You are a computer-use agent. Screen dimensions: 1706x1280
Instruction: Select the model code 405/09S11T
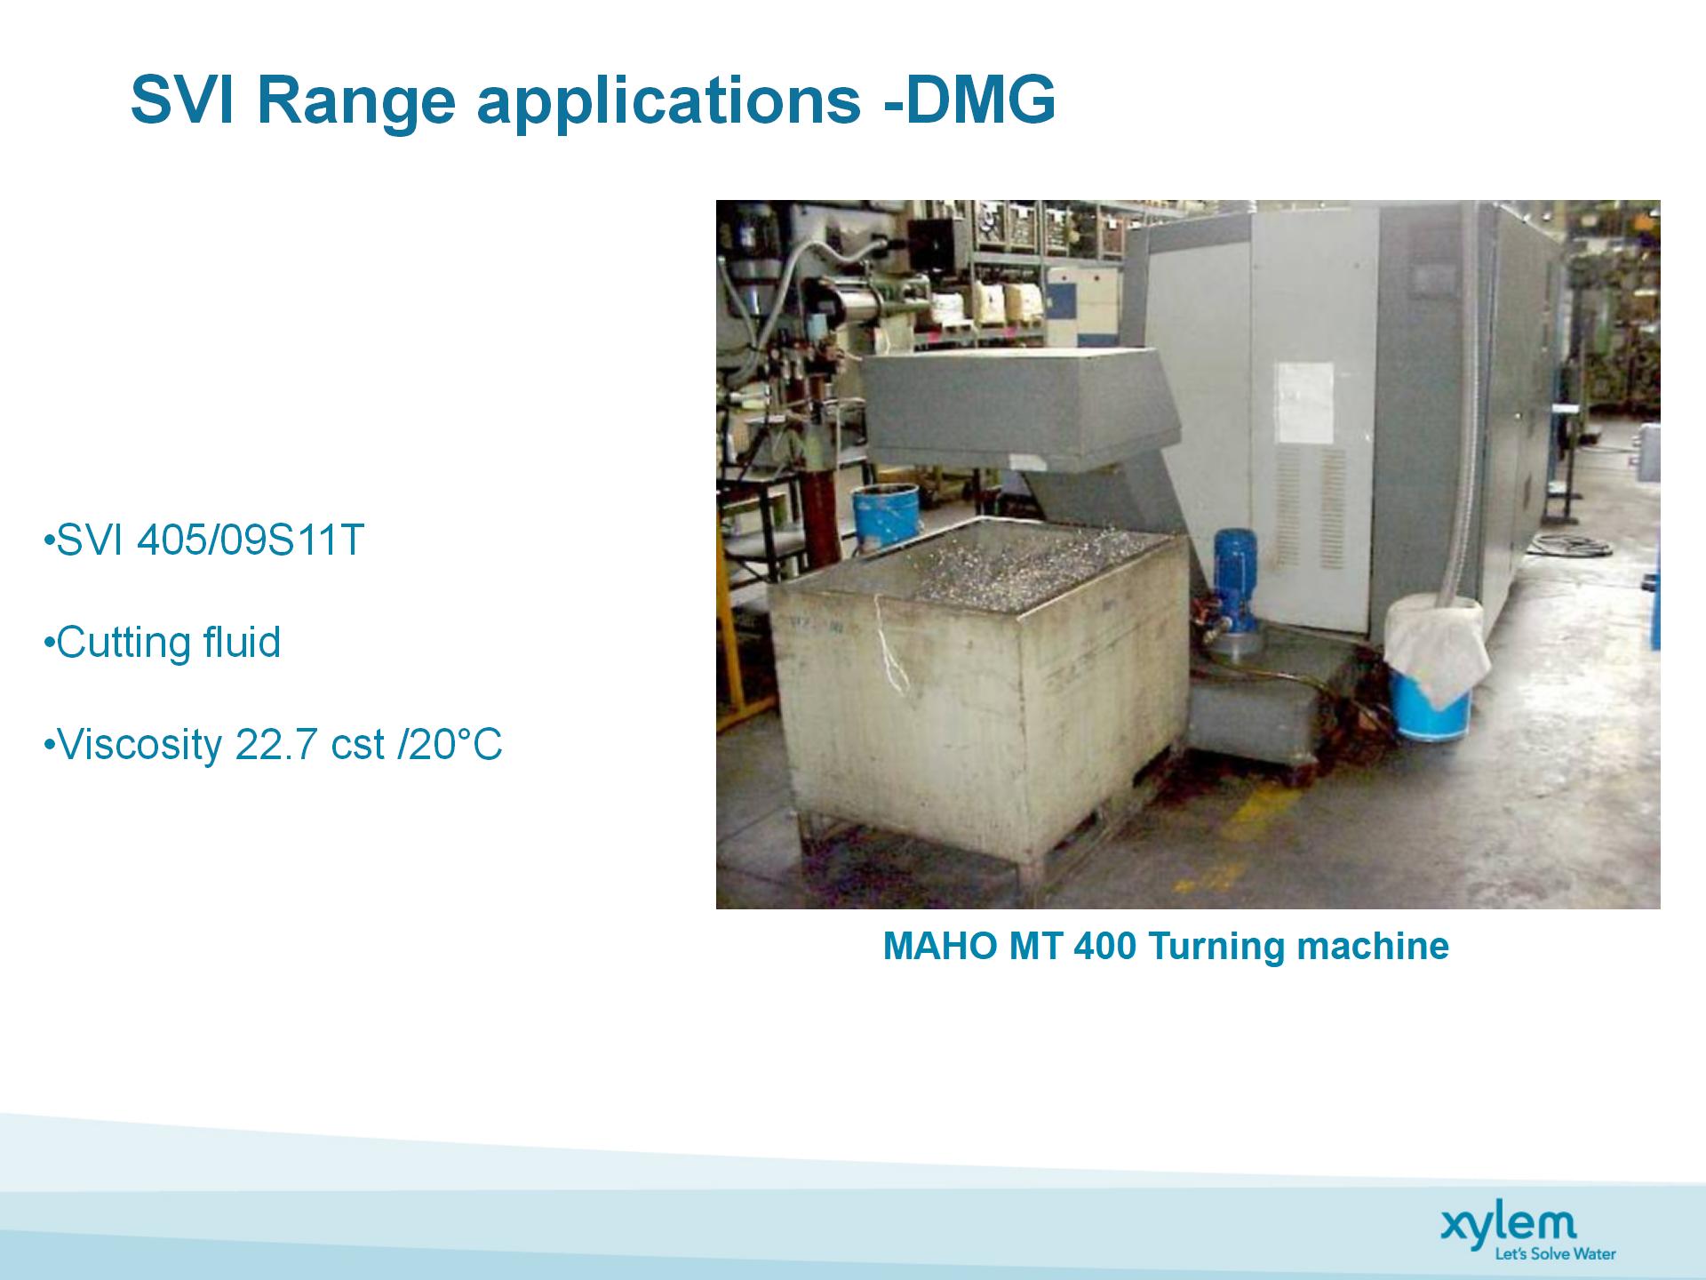[x=251, y=540]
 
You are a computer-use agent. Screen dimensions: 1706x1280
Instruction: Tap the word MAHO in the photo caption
[x=940, y=946]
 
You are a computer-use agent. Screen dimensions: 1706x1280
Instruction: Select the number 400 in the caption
[x=1104, y=946]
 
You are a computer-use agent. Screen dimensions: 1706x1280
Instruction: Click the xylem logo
[x=1509, y=1224]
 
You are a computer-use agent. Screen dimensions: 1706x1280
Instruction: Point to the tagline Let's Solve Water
[x=1555, y=1254]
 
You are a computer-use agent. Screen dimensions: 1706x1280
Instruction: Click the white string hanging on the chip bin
[x=889, y=640]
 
